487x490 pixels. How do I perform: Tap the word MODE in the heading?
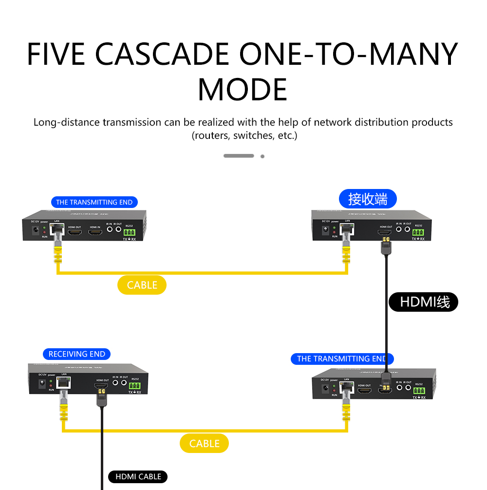243,90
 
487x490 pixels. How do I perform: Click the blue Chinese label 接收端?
368,199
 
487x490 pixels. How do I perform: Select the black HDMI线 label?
424,302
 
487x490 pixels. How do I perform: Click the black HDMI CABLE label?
138,476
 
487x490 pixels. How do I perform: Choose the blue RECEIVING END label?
77,354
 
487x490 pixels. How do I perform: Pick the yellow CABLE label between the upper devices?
142,285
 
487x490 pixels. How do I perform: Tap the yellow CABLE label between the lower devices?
204,443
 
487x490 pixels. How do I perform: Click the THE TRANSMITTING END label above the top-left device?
94,202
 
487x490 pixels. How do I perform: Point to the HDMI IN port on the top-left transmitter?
95,232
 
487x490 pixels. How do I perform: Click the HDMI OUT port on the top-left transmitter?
75,232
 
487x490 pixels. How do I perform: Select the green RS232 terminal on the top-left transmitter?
129,232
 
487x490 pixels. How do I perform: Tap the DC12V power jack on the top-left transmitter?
35,231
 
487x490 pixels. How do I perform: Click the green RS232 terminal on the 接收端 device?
418,232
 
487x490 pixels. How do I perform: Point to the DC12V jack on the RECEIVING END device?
42,384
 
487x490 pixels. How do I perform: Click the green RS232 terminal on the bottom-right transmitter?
419,391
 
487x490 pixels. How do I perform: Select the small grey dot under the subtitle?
262,156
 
